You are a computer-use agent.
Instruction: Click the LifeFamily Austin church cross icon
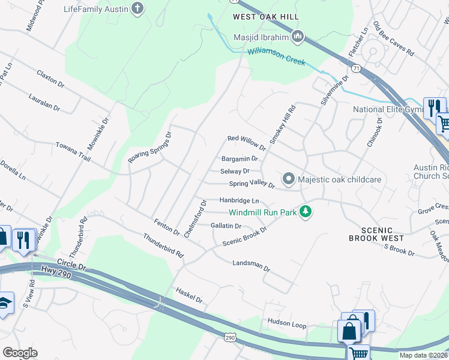tap(138, 9)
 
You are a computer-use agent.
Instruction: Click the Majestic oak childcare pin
tap(289, 179)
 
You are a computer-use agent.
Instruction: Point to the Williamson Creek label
tap(276, 57)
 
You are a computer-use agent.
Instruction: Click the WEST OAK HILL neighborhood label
tap(266, 17)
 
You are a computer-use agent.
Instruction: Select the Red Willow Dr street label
tap(246, 142)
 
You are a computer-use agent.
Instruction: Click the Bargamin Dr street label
tap(240, 159)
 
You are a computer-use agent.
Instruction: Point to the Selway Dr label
tap(235, 172)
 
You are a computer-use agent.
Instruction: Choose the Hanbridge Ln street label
tap(239, 200)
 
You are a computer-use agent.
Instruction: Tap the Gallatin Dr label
tap(226, 226)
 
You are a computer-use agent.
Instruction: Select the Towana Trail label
tap(73, 150)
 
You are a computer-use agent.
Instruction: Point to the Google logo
tap(20, 353)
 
